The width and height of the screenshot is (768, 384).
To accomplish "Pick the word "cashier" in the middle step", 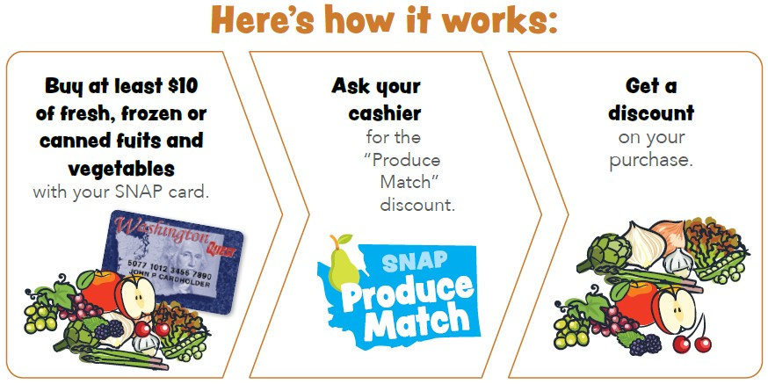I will (385, 113).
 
